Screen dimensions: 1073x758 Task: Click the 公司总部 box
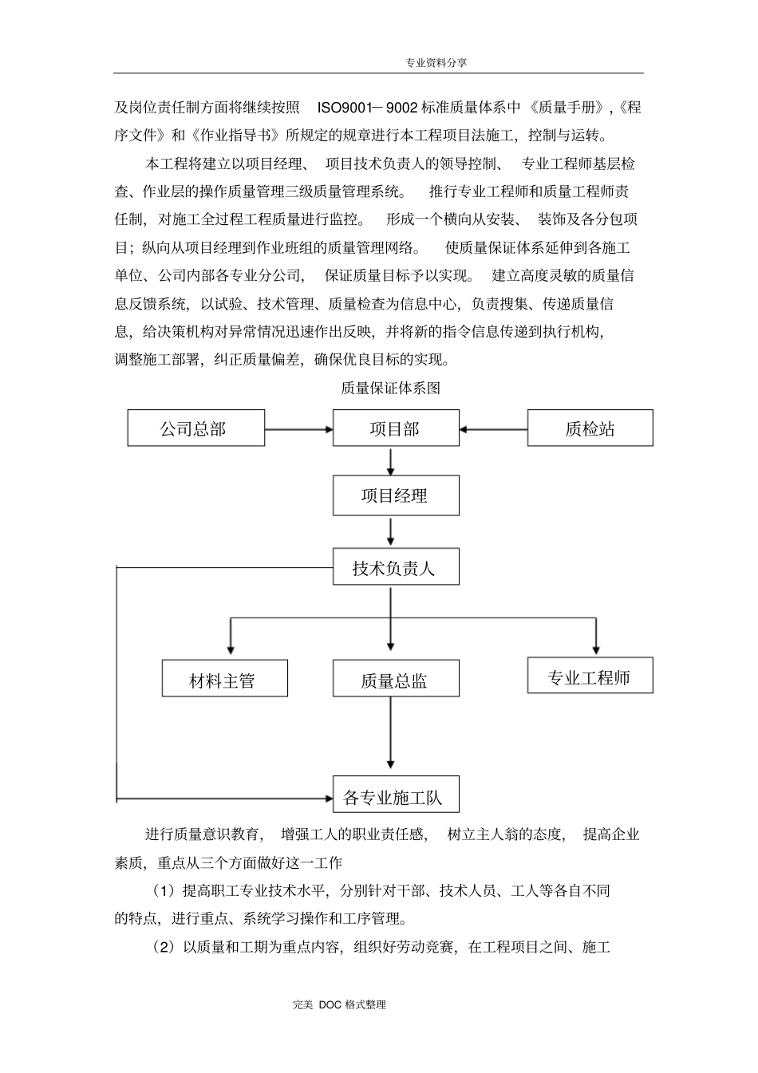pos(195,428)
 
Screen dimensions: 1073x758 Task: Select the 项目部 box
pos(396,428)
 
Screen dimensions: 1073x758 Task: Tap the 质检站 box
pos(590,428)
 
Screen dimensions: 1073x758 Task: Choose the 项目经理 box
pos(396,496)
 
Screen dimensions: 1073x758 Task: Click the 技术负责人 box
pos(396,567)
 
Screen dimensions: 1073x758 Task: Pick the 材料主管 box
pos(224,679)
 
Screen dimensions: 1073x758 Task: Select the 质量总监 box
pos(396,679)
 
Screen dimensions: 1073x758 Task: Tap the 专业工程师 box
pos(590,676)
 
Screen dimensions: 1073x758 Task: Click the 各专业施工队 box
pos(396,795)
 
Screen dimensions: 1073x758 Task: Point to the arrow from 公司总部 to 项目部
pos(298,429)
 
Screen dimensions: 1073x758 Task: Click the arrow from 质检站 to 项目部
pos(493,429)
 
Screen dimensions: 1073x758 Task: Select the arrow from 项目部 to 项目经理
pos(391,461)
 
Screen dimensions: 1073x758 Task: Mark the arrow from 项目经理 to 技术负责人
pos(391,531)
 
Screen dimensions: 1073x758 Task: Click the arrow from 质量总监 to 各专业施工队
pos(391,734)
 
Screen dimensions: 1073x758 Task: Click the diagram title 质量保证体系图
pos(390,389)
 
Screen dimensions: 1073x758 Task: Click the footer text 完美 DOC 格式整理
pos(339,1005)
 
